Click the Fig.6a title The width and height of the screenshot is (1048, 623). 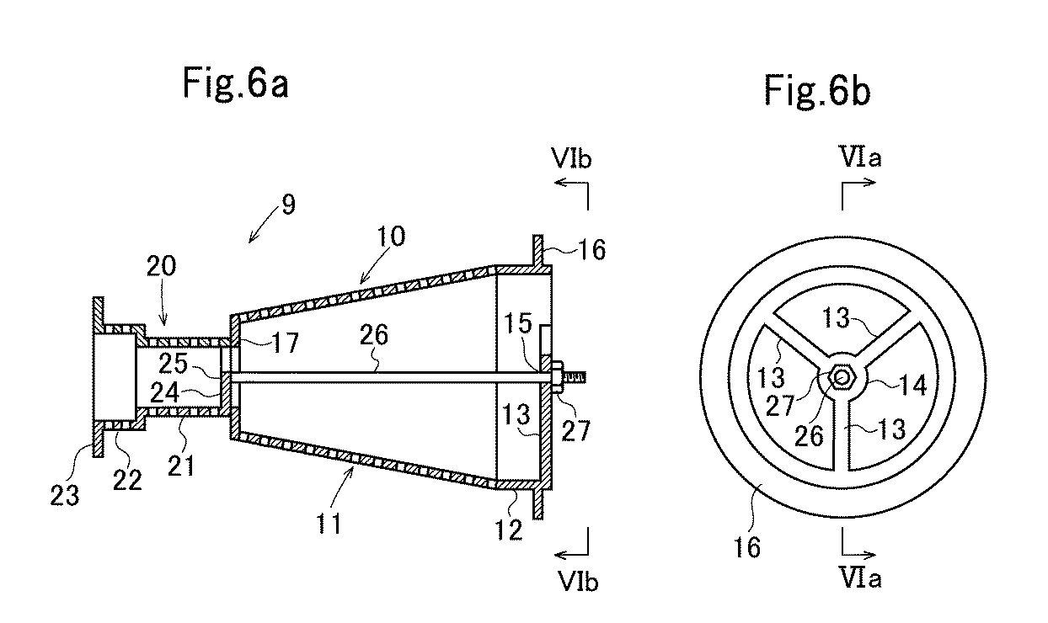pos(236,84)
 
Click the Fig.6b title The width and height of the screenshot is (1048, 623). pos(817,90)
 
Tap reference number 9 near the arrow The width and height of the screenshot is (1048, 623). pos(288,205)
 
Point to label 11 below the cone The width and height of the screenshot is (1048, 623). pos(329,524)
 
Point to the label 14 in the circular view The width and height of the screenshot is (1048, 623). pos(908,386)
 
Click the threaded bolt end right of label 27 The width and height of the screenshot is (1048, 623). pos(577,377)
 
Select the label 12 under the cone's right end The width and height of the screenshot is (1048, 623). pos(511,530)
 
